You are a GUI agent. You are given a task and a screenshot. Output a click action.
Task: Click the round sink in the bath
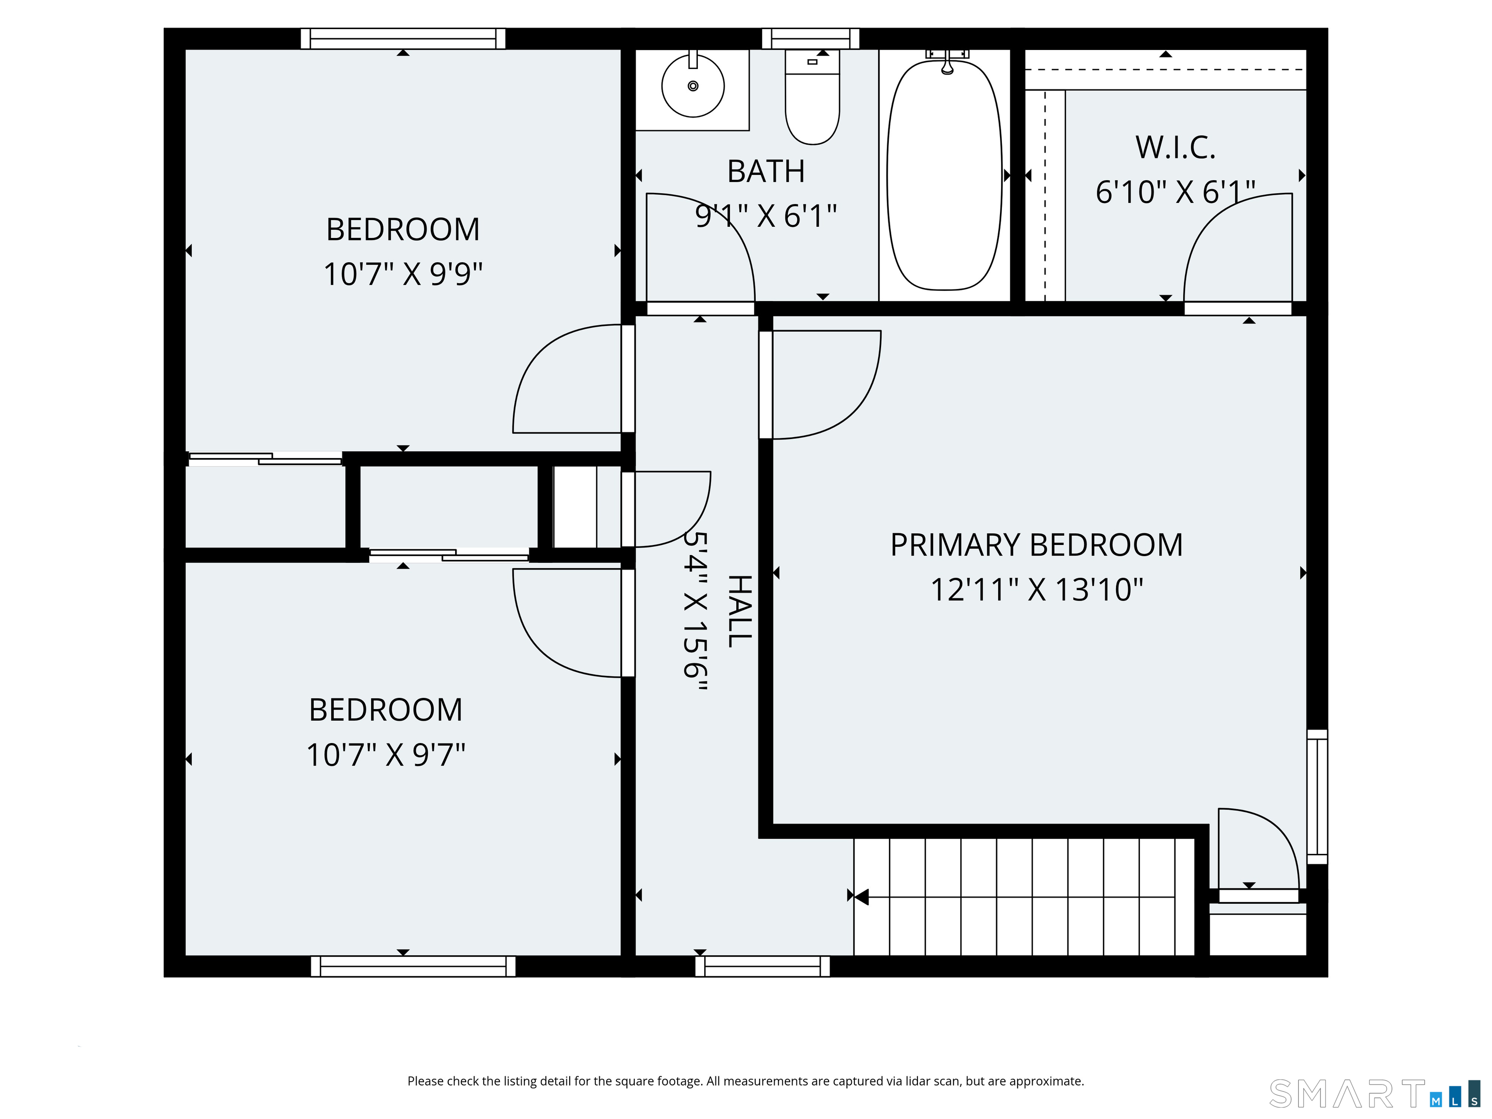click(693, 86)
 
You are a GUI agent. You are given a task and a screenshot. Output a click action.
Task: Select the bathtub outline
click(944, 175)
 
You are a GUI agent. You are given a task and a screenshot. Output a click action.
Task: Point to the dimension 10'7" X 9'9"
click(403, 274)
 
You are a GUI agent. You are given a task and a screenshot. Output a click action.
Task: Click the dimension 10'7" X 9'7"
click(386, 755)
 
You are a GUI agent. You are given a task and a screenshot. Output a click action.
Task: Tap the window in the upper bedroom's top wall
click(403, 38)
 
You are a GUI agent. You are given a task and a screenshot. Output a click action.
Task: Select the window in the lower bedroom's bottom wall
click(413, 966)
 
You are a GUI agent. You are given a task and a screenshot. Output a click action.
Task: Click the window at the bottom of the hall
click(762, 966)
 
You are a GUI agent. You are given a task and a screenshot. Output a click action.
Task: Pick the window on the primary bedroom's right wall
click(1317, 797)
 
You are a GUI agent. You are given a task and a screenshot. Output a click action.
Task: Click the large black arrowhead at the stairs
click(861, 897)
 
